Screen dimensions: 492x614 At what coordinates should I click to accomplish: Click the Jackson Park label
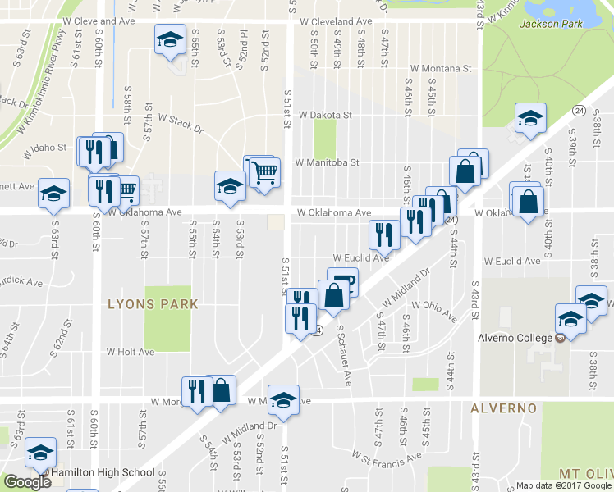550,24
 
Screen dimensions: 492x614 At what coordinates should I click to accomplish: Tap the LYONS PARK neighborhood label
153,303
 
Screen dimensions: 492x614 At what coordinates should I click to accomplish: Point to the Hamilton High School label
103,472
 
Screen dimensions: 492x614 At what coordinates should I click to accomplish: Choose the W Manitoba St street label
327,162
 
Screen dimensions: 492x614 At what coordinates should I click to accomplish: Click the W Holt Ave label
130,352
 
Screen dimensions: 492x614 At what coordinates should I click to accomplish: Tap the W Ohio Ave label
435,309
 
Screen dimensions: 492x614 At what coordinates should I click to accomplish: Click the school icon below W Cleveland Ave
170,39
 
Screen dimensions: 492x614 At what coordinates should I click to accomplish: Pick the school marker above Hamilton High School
39,452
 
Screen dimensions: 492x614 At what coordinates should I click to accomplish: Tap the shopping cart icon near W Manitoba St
265,172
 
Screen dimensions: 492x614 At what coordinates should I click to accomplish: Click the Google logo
28,482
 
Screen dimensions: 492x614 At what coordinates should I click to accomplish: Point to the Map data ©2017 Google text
564,485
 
